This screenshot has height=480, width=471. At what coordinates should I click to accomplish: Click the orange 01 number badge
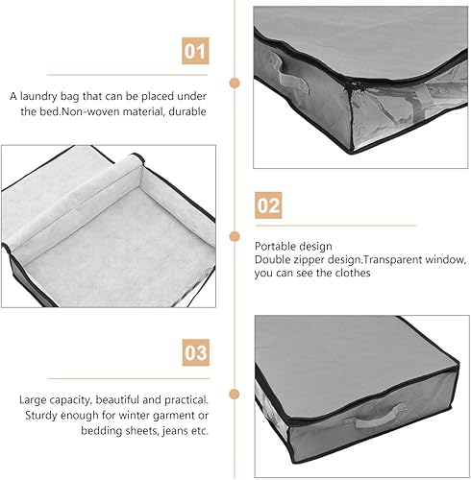195,51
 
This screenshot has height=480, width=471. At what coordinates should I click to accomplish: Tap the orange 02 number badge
268,205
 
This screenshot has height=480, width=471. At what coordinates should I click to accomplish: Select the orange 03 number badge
196,352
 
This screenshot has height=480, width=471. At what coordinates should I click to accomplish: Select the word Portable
273,246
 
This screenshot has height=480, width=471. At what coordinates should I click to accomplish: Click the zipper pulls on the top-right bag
355,87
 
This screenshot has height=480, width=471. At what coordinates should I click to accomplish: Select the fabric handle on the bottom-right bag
376,417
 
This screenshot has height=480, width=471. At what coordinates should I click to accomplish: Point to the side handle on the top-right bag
289,73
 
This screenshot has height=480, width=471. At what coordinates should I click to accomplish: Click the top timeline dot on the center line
235,83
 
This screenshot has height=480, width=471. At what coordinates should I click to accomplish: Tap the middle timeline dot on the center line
235,237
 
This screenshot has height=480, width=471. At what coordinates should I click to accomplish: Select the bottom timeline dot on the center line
235,394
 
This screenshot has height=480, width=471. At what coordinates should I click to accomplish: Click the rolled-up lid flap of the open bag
74,202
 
